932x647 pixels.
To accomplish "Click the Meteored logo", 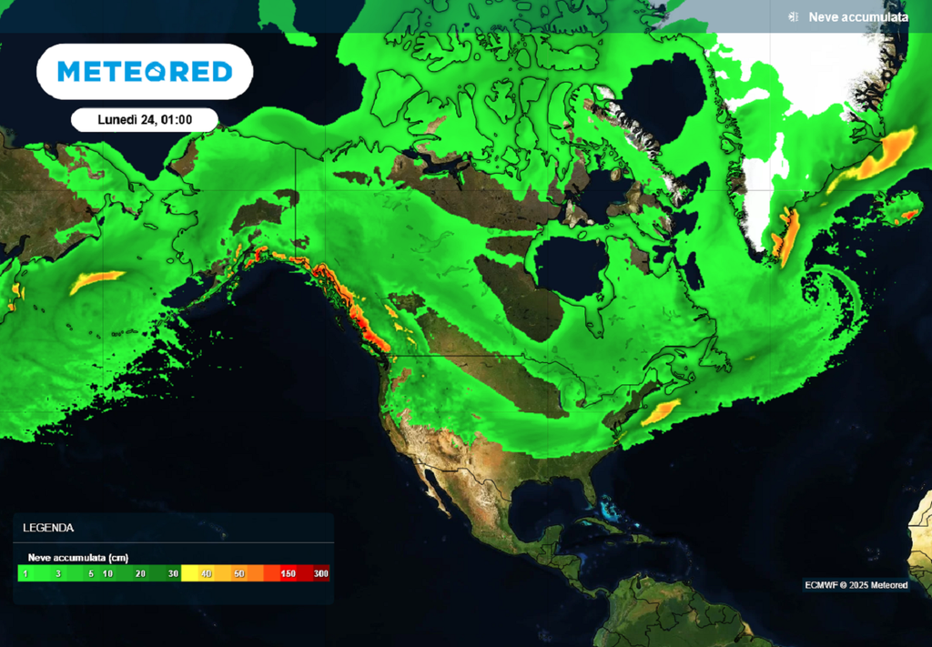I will tap(145, 72).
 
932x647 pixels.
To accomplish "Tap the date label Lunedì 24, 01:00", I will tap(144, 120).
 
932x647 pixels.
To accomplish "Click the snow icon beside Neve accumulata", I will tap(794, 16).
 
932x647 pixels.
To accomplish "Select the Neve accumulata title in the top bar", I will tap(858, 16).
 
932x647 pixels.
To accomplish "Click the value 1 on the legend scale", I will tap(25, 574).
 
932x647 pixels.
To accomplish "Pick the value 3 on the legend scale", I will tap(57, 574).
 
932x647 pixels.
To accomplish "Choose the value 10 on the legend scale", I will tap(107, 574).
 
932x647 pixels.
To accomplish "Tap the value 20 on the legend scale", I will tap(140, 574).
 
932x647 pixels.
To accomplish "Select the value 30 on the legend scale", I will tap(173, 574).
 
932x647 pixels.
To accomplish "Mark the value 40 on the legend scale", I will tap(206, 574).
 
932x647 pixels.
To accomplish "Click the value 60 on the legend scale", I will tap(238, 574).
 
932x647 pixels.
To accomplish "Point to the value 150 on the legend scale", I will tap(289, 574).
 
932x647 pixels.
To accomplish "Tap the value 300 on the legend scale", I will tap(320, 574).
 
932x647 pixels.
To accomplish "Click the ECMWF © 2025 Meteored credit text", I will tap(856, 585).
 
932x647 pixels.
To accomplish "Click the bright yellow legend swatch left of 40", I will tap(190, 574).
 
